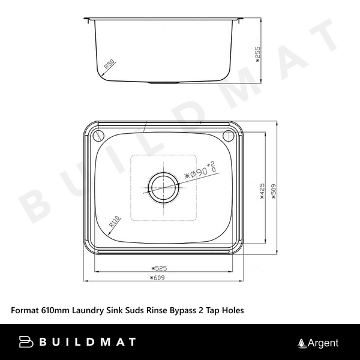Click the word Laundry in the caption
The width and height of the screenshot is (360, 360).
pyautogui.click(x=89, y=311)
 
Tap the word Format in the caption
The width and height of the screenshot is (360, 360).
pyautogui.click(x=25, y=311)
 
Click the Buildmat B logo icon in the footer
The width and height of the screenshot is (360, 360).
pyautogui.click(x=27, y=343)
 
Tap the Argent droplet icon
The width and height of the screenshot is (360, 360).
pyautogui.click(x=302, y=343)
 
